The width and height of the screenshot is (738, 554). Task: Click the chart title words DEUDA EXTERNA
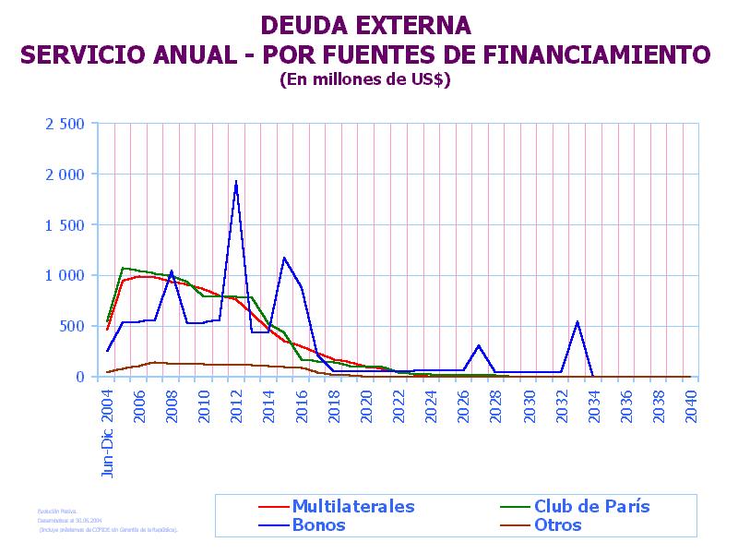(365, 25)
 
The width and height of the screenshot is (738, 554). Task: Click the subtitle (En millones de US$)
(365, 79)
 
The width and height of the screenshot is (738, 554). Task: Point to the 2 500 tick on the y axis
(65, 124)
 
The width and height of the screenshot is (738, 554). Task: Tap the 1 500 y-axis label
(65, 224)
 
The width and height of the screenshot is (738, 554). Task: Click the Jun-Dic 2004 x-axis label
(108, 432)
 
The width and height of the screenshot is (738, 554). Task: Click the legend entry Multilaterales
(352, 506)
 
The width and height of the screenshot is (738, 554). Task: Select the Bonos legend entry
(318, 525)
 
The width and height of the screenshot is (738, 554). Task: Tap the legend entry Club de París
(591, 506)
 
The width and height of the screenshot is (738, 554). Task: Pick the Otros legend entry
(557, 525)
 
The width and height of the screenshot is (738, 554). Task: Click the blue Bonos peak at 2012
(236, 182)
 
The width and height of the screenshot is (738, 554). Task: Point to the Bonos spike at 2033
(577, 322)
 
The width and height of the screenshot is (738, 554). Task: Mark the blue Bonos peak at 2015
(284, 259)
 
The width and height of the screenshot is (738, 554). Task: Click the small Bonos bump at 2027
(479, 346)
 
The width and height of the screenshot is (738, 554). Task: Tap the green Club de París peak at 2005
(124, 269)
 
